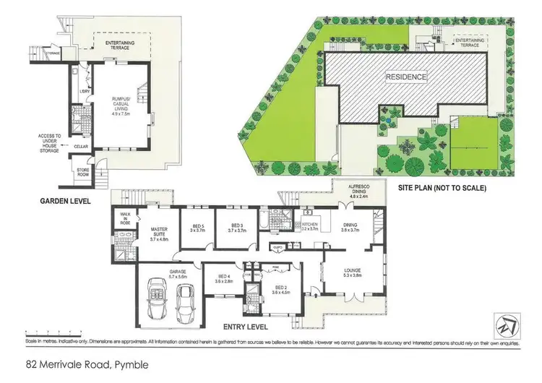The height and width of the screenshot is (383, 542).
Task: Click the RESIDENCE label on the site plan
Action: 405,77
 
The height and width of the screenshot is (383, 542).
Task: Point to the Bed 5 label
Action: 194,228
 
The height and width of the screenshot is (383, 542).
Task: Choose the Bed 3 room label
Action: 238,228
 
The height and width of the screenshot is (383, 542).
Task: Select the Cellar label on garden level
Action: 80,145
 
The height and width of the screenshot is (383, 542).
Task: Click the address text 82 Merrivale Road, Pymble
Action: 87,365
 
